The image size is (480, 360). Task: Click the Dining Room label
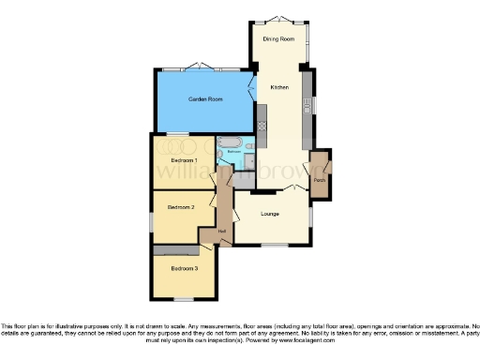click(x=278, y=38)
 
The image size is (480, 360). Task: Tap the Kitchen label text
click(x=279, y=87)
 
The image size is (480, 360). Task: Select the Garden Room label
click(x=203, y=98)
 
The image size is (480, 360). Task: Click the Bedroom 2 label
click(x=180, y=206)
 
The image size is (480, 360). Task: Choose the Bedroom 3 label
click(x=184, y=269)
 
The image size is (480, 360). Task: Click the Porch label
click(x=320, y=179)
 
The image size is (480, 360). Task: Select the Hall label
click(x=222, y=231)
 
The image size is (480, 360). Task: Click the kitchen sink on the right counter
click(x=307, y=102)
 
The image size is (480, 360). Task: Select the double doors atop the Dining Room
click(x=278, y=20)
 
